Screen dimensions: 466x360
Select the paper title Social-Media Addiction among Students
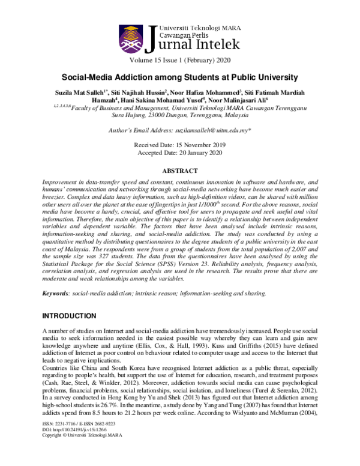[x=179, y=78]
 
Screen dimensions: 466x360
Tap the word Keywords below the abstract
[x=57, y=293]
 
